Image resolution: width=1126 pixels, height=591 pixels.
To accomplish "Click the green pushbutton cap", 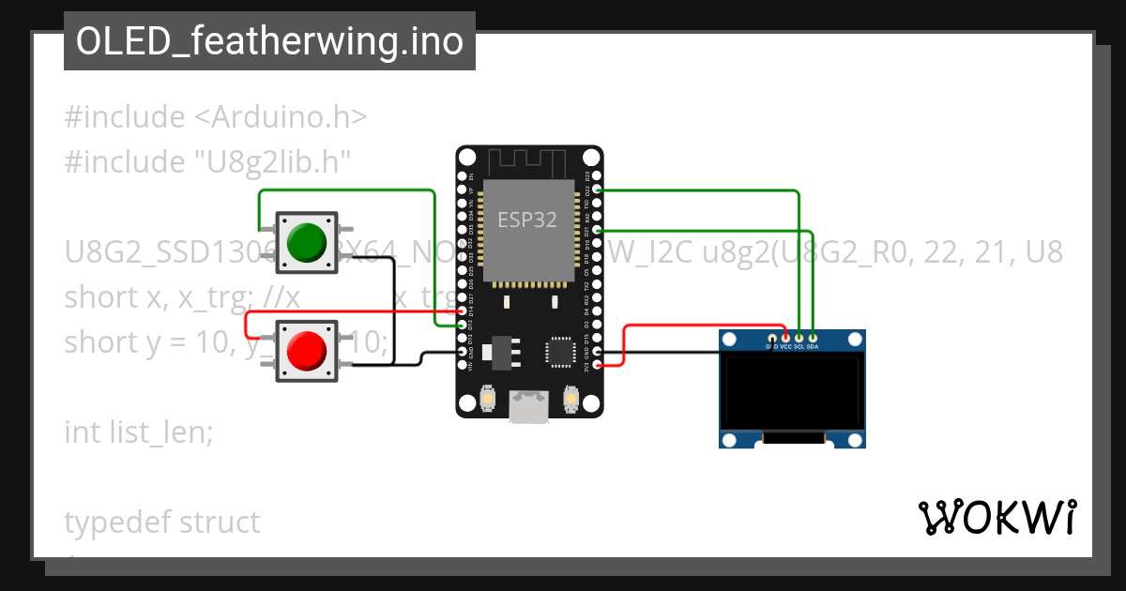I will (307, 242).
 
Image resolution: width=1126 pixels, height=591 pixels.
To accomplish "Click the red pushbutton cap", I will (307, 350).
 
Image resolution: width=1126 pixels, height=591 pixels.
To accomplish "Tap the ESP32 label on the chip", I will (526, 220).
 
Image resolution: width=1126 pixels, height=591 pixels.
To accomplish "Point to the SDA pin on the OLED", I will (814, 338).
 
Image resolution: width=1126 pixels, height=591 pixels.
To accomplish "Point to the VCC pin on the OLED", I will (785, 338).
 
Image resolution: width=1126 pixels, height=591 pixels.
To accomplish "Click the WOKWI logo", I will (997, 517).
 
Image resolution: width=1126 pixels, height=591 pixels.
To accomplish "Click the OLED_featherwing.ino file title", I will (269, 41).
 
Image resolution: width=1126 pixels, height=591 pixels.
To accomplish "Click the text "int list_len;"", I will (139, 432).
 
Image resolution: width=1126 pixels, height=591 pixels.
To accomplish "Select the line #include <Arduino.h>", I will (216, 117).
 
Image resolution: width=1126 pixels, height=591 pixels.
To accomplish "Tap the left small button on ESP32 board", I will (488, 401).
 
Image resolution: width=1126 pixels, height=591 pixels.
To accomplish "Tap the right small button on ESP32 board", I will (570, 401).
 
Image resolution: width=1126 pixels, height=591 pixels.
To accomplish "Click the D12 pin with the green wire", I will (461, 325).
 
